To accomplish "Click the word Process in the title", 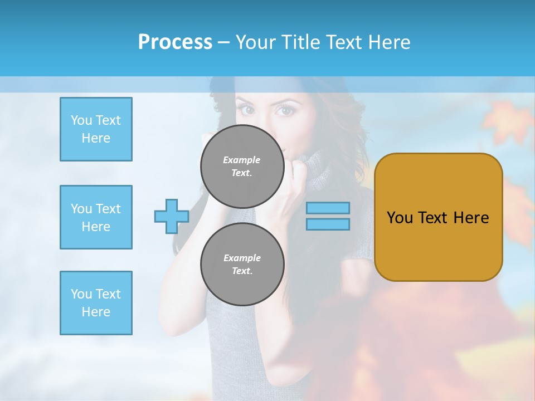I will pos(175,42).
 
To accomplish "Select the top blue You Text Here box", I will pos(96,129).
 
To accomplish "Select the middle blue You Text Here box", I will pos(96,217).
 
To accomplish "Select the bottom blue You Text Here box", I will pos(96,303).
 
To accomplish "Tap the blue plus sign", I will pos(171,217).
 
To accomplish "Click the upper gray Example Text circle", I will pos(242,166).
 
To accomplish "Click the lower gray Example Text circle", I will pos(242,264).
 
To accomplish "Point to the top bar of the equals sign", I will pos(328,208).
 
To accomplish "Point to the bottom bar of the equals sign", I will pos(328,224).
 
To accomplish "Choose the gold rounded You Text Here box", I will pos(438,217).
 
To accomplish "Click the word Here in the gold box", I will pos(471,218).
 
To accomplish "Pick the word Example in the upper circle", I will pos(242,160).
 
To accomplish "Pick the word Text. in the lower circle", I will pos(242,271).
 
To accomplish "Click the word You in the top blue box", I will pos(81,120).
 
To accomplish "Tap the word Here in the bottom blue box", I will pos(96,312).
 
